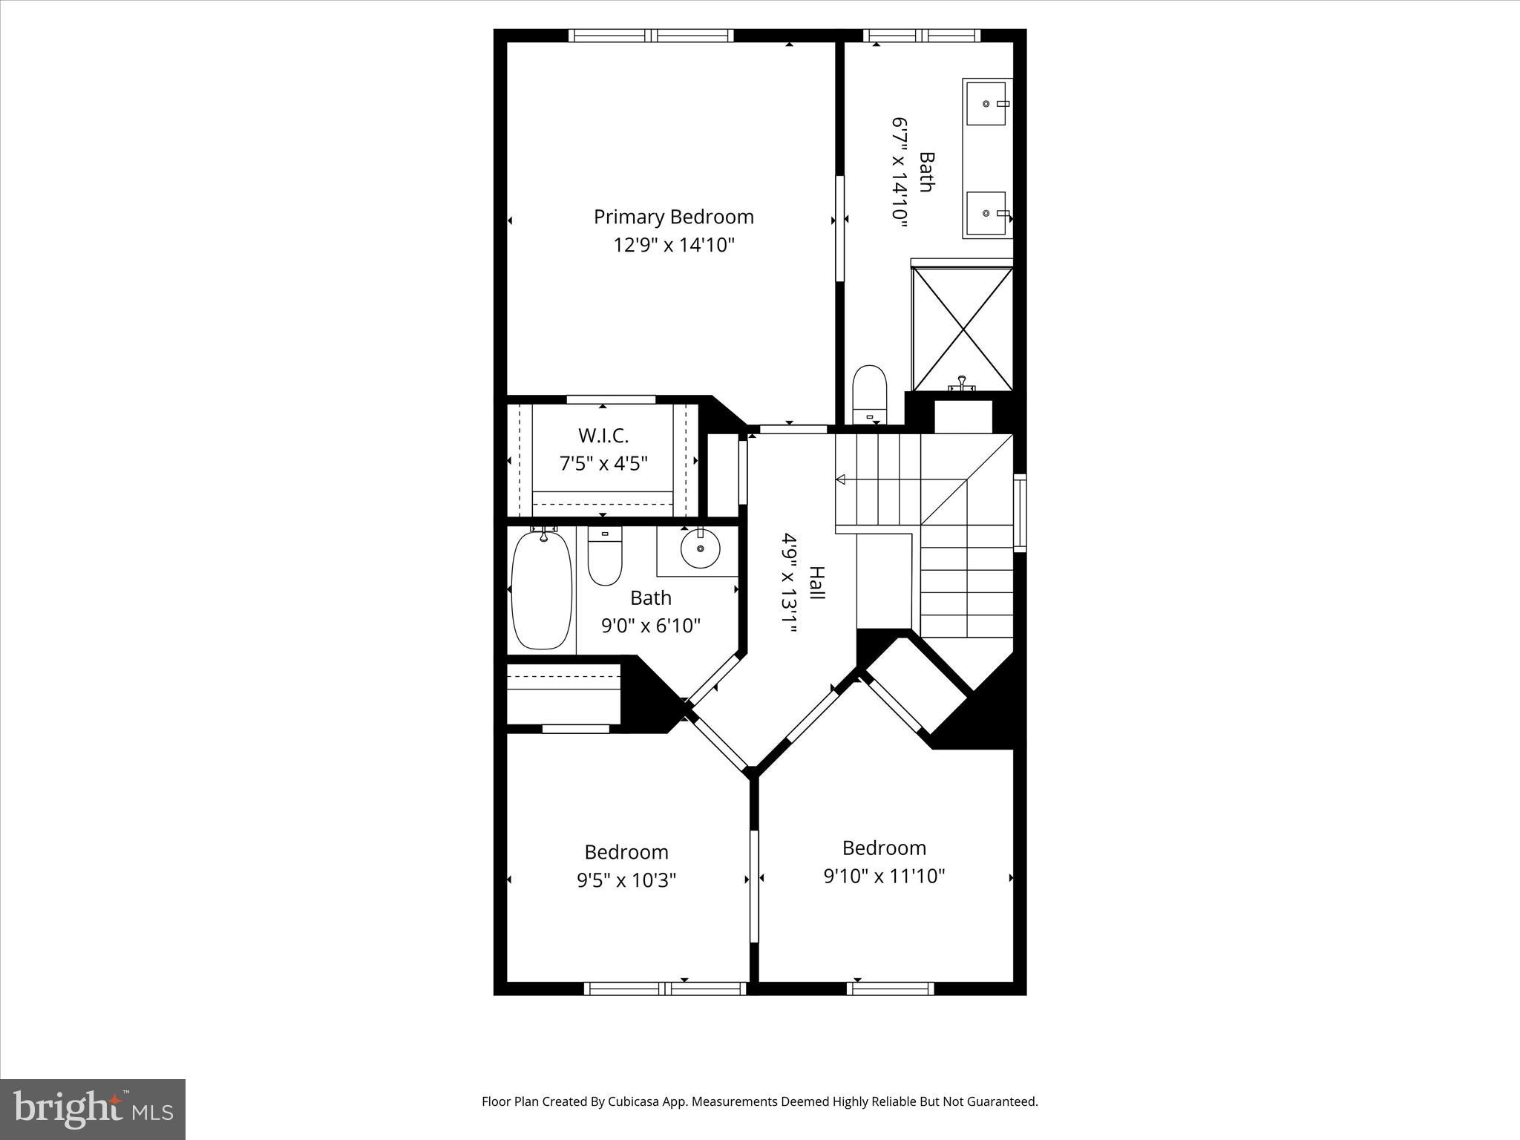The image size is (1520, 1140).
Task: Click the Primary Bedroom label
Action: (673, 217)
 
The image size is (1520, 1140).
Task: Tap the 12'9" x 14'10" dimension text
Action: (673, 245)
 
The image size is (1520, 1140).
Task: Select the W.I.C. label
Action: (603, 436)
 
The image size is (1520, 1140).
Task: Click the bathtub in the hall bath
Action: (542, 590)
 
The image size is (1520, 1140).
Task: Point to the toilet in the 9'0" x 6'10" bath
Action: (604, 558)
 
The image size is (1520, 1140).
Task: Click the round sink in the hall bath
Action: (700, 550)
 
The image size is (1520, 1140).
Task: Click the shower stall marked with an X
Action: (962, 329)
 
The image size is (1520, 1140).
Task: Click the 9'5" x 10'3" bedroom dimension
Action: (626, 880)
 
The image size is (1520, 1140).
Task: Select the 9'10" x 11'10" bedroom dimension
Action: (883, 876)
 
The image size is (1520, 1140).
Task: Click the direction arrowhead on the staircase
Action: (840, 479)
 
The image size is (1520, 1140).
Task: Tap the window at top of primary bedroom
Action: (651, 36)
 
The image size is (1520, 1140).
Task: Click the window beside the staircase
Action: (1021, 513)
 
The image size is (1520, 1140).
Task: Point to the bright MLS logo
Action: (92, 1109)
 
